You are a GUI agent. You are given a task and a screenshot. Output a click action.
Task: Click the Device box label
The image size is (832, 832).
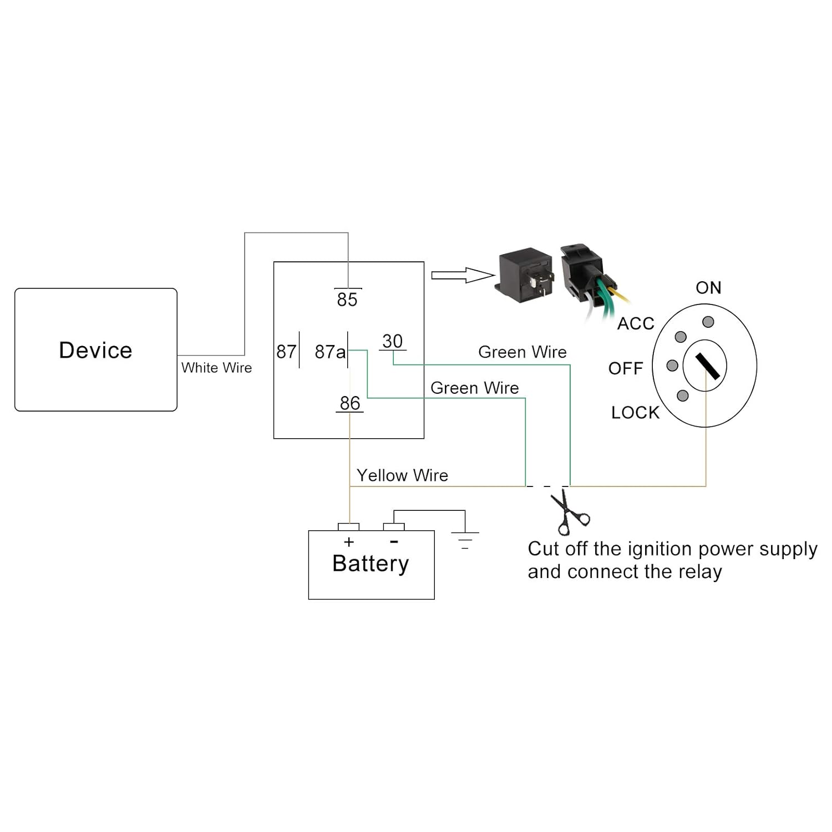coord(95,351)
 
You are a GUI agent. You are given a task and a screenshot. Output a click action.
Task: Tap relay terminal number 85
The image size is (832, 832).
coord(347,300)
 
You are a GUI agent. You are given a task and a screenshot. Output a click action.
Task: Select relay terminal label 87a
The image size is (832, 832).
coord(330,352)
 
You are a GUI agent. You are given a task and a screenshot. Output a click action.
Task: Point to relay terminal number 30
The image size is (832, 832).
coord(392,341)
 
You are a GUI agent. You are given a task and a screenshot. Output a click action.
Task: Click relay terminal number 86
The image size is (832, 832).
coord(350,403)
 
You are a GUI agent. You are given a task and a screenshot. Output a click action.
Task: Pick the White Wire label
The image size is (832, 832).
coord(216,368)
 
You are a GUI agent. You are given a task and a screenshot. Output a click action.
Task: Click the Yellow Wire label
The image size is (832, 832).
coord(402,475)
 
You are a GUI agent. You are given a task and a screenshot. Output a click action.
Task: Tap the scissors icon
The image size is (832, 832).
coord(569,511)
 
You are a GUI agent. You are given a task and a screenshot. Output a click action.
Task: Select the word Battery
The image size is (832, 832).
coord(371,564)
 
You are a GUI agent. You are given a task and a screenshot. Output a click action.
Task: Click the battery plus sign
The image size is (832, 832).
coord(349,542)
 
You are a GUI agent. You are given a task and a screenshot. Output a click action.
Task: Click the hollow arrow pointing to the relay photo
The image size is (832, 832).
coord(463,275)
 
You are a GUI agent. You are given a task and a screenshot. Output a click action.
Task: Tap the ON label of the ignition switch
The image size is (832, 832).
coord(708,288)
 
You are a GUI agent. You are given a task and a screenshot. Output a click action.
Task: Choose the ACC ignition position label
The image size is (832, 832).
coord(636,323)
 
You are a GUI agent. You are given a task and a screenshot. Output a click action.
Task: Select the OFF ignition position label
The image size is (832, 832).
coord(626,368)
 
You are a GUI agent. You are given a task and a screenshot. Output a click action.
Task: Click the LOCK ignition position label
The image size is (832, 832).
coord(635,413)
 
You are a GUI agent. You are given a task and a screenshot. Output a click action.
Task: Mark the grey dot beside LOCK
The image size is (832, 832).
coord(683,395)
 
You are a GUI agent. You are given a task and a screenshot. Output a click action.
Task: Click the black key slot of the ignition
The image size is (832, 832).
coord(708,366)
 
